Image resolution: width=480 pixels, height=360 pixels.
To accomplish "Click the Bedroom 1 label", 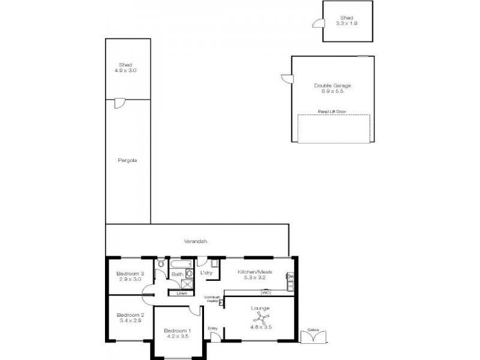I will (178, 331).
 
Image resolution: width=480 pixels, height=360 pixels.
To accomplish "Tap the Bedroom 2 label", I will (130, 315).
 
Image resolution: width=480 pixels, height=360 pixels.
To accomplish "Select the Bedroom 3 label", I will (130, 274).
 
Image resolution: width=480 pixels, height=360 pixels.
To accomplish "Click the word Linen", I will (181, 293).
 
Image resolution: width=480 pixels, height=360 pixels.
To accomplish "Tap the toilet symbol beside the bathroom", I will (161, 263).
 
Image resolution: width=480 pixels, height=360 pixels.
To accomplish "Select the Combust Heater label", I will (212, 299).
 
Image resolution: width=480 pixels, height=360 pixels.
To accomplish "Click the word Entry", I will (212, 328).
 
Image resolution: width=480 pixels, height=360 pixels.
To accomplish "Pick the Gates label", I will (312, 329).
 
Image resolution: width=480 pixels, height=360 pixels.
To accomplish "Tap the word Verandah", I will (196, 241).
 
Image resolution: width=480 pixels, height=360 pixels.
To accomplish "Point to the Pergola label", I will (128, 160).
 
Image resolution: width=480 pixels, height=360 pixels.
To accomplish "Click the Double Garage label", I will (332, 85).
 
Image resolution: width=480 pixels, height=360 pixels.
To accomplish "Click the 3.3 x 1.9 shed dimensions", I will (346, 23).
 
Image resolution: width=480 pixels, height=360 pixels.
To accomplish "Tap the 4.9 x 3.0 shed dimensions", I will (125, 70).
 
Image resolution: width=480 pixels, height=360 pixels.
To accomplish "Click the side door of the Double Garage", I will (287, 79).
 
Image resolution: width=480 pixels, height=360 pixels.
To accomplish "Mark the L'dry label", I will (206, 273).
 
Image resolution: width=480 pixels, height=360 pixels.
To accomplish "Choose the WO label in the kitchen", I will (266, 292).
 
